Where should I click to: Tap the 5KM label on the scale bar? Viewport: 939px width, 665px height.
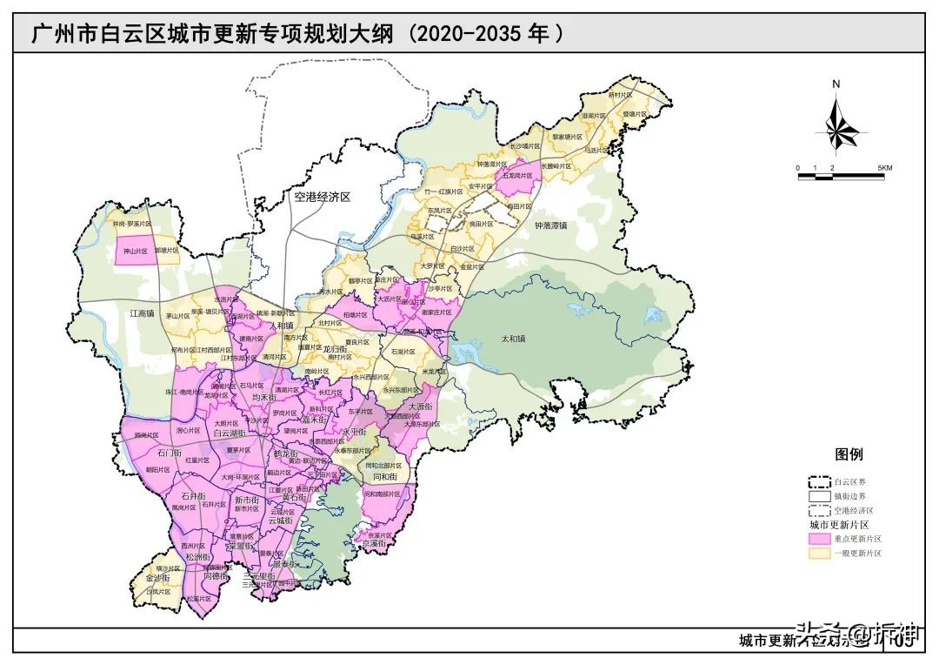click(883, 167)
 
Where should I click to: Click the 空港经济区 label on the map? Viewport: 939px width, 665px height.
click(322, 198)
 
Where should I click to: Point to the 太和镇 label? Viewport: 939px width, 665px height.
click(514, 339)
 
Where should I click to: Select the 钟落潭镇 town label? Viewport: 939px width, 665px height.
click(550, 225)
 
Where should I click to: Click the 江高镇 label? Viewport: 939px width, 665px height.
click(142, 312)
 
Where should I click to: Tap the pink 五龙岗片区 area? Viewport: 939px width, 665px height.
click(517, 175)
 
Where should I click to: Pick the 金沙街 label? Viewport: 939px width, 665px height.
click(156, 577)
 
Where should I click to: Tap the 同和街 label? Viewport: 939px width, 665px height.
click(384, 477)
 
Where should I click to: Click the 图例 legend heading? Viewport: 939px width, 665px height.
click(849, 454)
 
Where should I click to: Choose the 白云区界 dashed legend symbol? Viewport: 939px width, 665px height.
click(818, 481)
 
